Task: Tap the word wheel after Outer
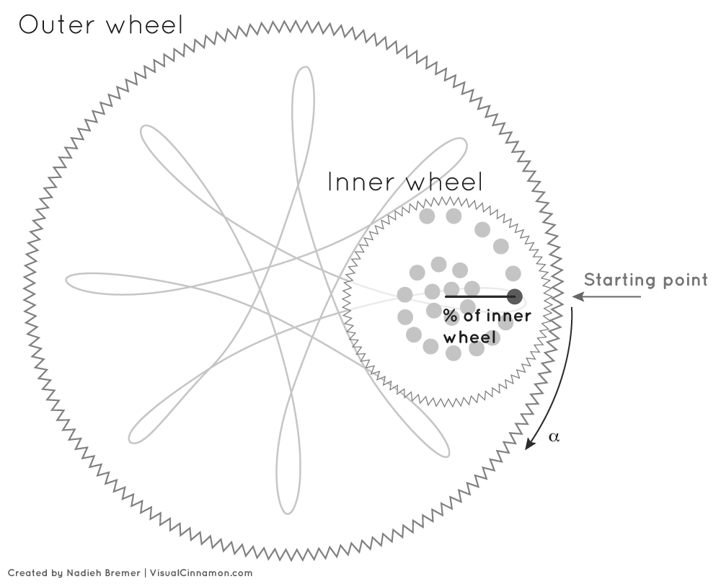(x=144, y=25)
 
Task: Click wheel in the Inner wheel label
(x=443, y=182)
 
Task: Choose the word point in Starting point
(x=685, y=281)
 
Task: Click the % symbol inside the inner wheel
(x=451, y=316)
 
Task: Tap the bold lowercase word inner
(x=509, y=316)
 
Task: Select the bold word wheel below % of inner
(x=470, y=337)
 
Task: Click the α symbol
(x=554, y=437)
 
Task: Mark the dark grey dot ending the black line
(x=515, y=296)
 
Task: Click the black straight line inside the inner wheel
(x=476, y=296)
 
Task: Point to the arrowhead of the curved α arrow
(x=528, y=446)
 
